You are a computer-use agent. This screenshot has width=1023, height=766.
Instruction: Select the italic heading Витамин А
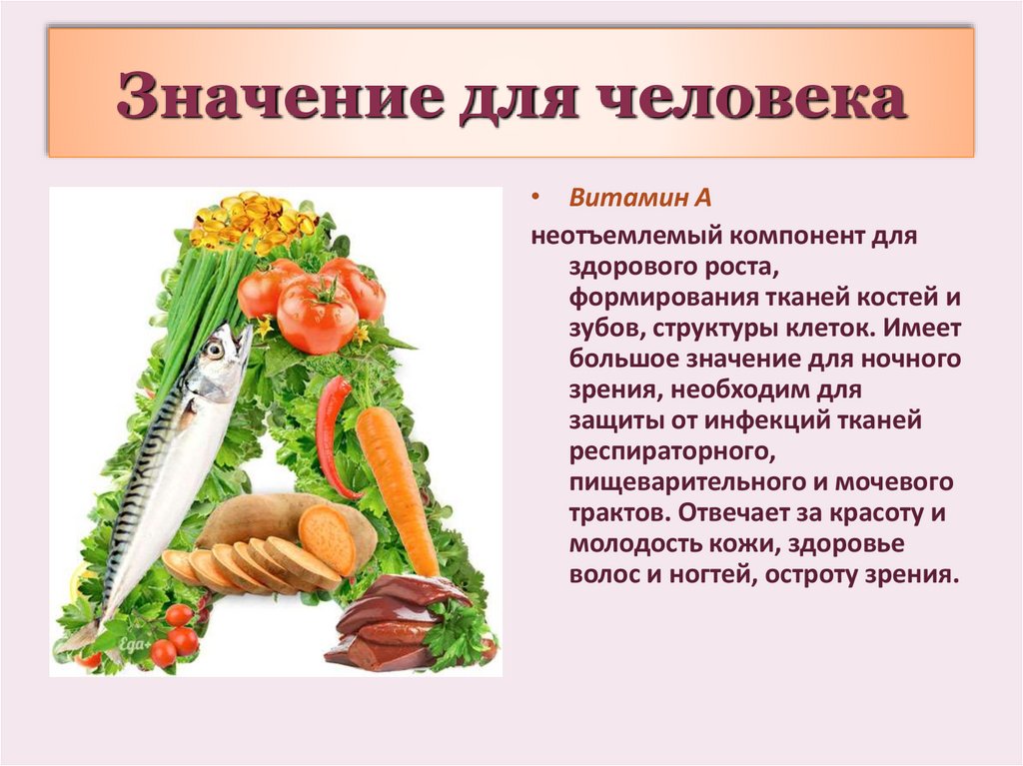tap(639, 198)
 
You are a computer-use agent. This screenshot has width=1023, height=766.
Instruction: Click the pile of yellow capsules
tap(250, 220)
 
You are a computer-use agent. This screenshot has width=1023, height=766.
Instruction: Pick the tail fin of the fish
tap(82, 635)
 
